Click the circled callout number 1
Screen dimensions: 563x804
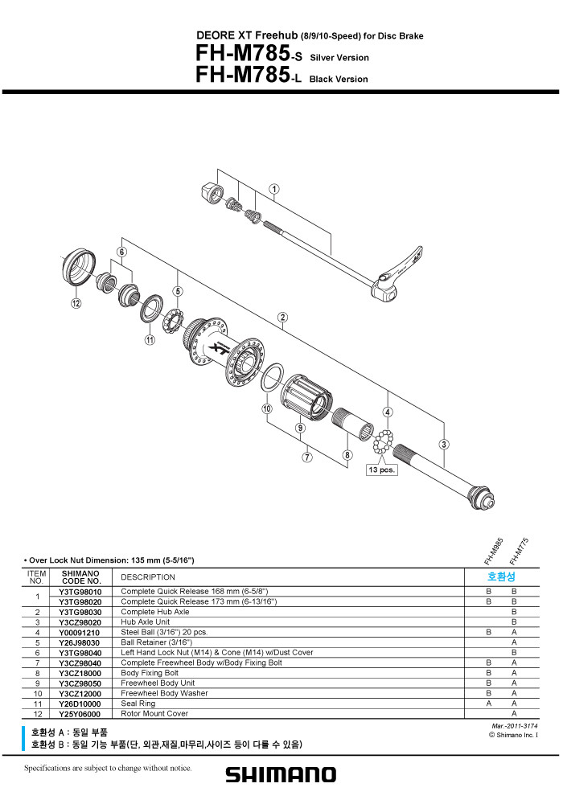pyautogui.click(x=274, y=189)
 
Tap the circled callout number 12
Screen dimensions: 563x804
pyautogui.click(x=76, y=304)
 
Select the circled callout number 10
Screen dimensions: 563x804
pyautogui.click(x=267, y=408)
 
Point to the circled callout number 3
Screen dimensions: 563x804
pyautogui.click(x=444, y=445)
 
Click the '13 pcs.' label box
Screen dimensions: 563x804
pyautogui.click(x=381, y=470)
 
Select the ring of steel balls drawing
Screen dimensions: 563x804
pyautogui.click(x=383, y=442)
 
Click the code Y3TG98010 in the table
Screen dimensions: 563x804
pyautogui.click(x=80, y=592)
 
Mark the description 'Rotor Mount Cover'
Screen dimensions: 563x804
pyautogui.click(x=154, y=714)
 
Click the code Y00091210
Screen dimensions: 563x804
pyautogui.click(x=80, y=633)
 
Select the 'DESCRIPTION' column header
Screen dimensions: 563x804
pyautogui.click(x=148, y=577)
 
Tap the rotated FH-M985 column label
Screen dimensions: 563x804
pyautogui.click(x=494, y=552)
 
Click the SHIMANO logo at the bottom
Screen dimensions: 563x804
pyautogui.click(x=281, y=775)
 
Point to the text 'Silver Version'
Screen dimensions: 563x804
pyautogui.click(x=339, y=57)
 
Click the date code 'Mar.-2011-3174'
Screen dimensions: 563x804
pyautogui.click(x=515, y=726)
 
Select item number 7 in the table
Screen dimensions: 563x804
pyautogui.click(x=38, y=663)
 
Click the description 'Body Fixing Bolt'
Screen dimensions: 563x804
pyautogui.click(x=150, y=673)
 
